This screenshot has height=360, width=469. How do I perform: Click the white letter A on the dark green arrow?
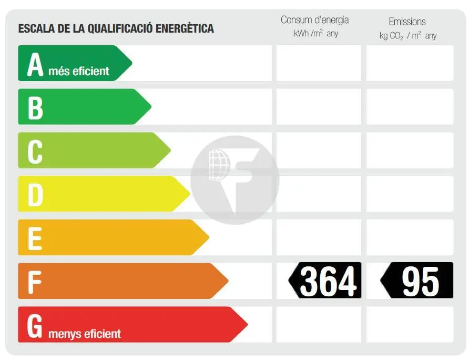35,64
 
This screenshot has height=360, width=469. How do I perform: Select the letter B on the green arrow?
35,107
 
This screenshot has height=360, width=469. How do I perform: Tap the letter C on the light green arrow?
35,151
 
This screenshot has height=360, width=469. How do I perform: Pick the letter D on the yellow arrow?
35,195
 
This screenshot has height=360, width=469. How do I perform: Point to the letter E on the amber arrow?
35,238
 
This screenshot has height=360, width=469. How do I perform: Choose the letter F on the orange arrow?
35,282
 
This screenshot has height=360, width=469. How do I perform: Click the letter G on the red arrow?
35,326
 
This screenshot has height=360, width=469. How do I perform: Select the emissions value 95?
420,281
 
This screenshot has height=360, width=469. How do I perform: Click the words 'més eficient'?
79,71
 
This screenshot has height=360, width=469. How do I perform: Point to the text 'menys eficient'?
85,334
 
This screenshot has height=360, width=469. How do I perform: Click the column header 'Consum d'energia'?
314,20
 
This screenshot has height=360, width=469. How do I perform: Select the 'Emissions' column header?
407,22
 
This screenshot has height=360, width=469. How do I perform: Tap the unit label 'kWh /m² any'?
315,34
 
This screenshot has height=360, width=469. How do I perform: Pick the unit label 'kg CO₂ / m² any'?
407,36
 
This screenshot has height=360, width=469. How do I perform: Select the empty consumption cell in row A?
319,63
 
